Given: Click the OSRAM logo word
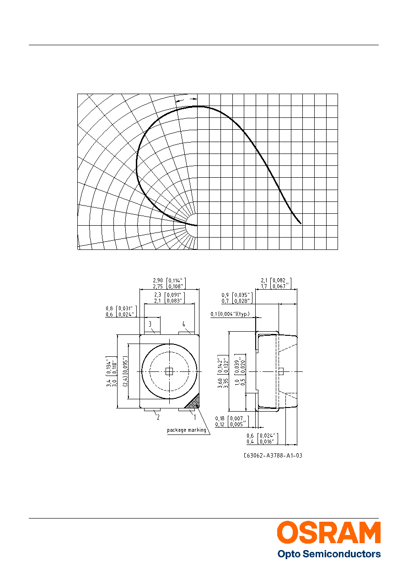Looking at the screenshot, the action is point(329,533).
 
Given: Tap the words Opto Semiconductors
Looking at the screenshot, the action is point(329,554).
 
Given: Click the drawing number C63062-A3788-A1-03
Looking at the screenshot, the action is point(273,455).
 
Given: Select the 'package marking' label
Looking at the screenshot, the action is point(187,430).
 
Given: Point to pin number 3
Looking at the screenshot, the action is point(150,324).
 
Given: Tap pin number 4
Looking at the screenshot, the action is point(183,324).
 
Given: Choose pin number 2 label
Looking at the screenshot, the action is point(158,417).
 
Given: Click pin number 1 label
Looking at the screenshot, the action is point(195,417).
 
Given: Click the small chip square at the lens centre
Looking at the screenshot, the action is point(169,371).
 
